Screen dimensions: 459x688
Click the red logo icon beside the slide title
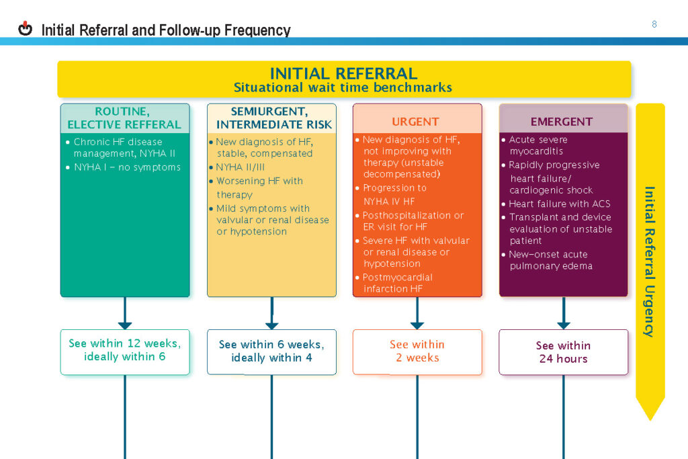coord(26,29)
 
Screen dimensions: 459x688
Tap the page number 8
coord(654,24)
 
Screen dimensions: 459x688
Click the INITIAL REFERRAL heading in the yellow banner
coord(343,73)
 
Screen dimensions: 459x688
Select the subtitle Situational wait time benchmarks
coord(343,87)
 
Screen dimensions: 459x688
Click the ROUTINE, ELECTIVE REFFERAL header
coord(124,118)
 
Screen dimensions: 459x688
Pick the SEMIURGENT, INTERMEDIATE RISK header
coord(271,118)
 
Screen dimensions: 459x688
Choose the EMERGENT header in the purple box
coord(562,122)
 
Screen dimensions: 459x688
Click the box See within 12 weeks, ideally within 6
coord(125,350)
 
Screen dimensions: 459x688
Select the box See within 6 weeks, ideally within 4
coord(271,351)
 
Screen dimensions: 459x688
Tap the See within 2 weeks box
coord(417,351)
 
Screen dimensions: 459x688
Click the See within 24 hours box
coord(563,351)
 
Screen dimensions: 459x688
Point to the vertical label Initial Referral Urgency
coord(650,261)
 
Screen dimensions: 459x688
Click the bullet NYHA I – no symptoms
coord(128,167)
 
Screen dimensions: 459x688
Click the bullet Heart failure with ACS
coord(560,204)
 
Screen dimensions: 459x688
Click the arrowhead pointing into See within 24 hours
coord(563,324)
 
